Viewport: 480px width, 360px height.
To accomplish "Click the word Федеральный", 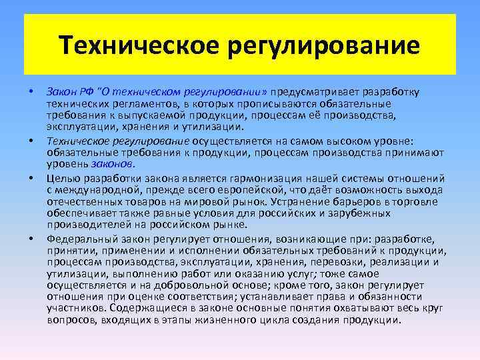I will coord(81,238).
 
